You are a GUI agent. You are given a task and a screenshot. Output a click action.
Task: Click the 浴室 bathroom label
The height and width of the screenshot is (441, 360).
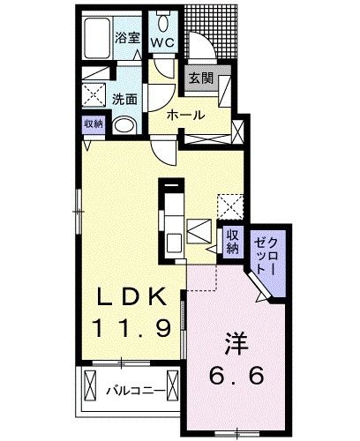click(127, 38)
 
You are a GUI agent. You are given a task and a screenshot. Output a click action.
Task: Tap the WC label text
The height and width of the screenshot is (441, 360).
click(163, 43)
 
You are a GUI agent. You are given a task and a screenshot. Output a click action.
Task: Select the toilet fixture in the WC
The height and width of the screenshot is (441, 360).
click(163, 21)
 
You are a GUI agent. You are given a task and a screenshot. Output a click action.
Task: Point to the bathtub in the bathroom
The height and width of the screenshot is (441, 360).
click(98, 38)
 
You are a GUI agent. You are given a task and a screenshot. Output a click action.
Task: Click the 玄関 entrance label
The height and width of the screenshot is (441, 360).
click(201, 78)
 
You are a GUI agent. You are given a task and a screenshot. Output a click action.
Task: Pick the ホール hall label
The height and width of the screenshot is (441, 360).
click(185, 115)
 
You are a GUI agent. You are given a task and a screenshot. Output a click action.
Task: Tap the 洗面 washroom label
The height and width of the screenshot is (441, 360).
click(124, 100)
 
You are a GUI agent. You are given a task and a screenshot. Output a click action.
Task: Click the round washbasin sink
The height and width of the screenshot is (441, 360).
click(124, 126)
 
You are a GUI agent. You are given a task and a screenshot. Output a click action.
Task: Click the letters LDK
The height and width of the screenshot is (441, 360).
click(131, 297)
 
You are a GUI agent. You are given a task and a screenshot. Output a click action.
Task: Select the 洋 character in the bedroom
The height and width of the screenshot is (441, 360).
click(236, 343)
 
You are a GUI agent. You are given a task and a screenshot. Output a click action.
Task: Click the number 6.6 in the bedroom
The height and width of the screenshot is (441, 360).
click(236, 375)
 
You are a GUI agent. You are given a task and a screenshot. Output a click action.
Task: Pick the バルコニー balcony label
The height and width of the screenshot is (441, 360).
click(136, 391)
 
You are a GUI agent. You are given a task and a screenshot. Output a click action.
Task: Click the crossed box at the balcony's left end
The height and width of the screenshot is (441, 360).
click(90, 385)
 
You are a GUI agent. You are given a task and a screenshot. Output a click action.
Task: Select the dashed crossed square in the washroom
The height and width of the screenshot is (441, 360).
click(94, 94)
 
